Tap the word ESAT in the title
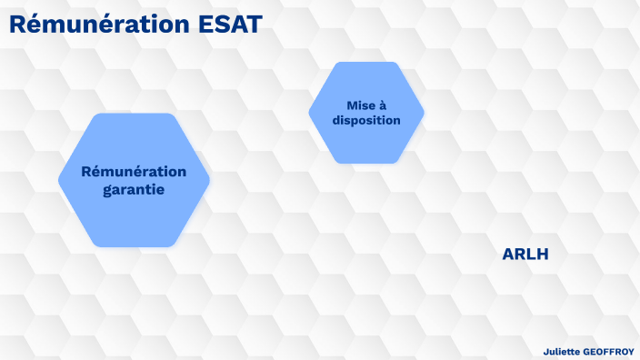tap(230, 25)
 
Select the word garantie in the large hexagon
tap(134, 190)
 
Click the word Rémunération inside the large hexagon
tap(134, 172)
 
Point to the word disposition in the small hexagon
tap(366, 120)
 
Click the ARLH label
tap(525, 255)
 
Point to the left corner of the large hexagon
tap(61, 180)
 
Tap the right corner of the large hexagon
tap(208, 180)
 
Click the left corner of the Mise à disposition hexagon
tap(311, 113)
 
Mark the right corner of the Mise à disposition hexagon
tap(422, 113)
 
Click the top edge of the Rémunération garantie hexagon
tap(134, 115)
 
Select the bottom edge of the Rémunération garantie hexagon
tap(134, 245)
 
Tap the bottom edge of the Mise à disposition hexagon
tap(366, 162)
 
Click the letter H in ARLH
tap(542, 255)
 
